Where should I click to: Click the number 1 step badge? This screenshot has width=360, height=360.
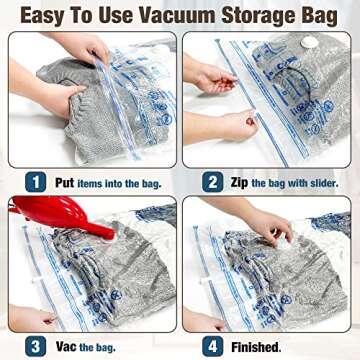[x=36, y=182]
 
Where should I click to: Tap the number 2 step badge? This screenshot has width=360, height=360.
[x=213, y=182]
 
